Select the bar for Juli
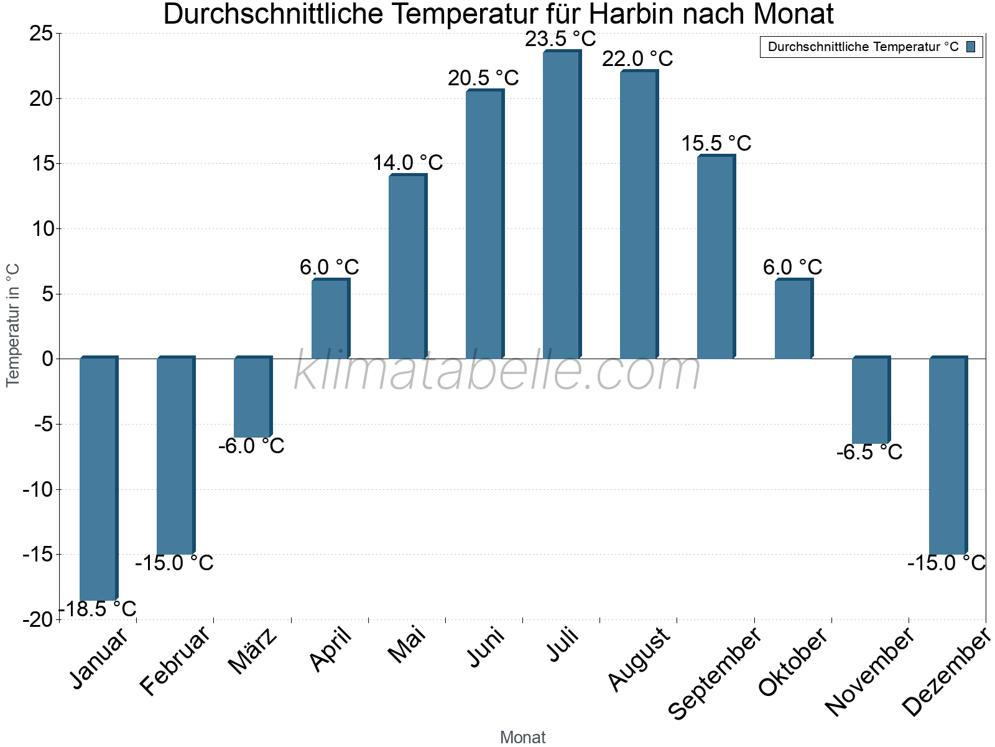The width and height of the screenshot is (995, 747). [562, 205]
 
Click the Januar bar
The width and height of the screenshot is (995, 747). [98, 479]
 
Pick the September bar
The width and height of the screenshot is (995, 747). [716, 257]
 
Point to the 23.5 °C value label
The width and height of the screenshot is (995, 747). [560, 39]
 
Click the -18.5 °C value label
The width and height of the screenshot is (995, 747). [98, 609]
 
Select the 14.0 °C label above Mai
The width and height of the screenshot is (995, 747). [407, 163]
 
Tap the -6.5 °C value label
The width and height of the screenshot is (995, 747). [869, 453]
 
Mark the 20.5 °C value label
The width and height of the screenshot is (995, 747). [483, 78]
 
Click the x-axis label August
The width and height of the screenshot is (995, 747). [640, 660]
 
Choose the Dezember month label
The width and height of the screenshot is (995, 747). [945, 672]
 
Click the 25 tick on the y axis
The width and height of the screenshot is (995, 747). [41, 34]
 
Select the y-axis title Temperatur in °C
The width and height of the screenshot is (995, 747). [13, 325]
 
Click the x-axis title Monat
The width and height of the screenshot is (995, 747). [522, 737]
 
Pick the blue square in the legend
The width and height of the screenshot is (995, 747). [971, 47]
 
